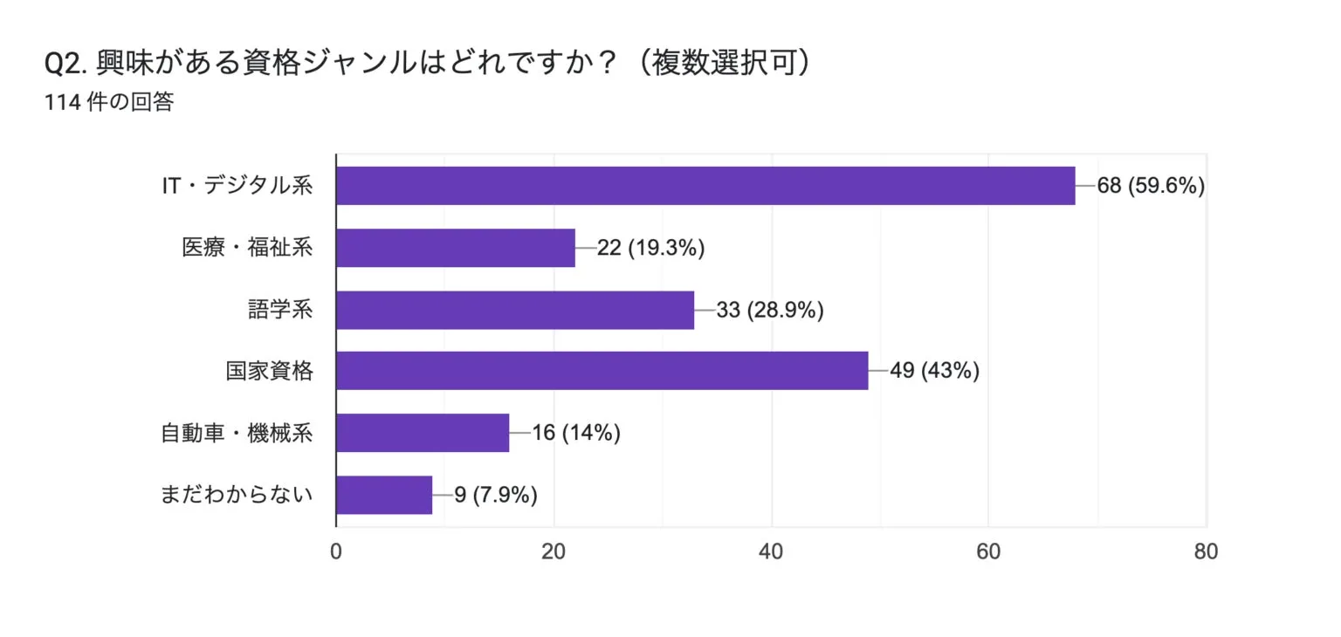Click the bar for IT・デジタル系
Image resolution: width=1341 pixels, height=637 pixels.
[x=705, y=186]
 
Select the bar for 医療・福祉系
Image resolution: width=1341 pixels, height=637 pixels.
[x=456, y=248]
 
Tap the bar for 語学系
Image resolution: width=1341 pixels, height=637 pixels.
[x=515, y=310]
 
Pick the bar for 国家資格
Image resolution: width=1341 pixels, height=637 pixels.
[x=602, y=371]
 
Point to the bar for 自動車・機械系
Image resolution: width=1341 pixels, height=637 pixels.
[x=423, y=433]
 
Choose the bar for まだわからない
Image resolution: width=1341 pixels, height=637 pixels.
[x=384, y=495]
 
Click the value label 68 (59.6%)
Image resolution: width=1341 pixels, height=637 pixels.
[x=1151, y=186]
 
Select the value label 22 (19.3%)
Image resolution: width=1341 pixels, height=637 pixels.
[x=650, y=248]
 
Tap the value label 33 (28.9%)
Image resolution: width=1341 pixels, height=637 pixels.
[x=770, y=310]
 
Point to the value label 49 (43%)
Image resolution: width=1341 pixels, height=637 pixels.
[x=934, y=371]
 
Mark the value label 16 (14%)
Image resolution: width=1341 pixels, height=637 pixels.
[x=575, y=433]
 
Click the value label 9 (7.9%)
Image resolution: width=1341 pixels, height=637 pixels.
[x=495, y=495]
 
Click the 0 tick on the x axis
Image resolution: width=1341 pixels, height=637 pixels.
[x=336, y=551]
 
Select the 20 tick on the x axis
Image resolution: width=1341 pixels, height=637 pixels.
[x=554, y=551]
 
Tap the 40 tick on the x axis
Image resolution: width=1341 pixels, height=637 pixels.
[x=772, y=551]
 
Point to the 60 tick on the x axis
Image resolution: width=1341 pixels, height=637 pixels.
[x=988, y=551]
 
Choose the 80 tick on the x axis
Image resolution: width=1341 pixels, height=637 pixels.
[x=1206, y=551]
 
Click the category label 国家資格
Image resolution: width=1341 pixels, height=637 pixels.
[x=269, y=371]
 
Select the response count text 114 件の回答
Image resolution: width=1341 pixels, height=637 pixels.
[x=109, y=103]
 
